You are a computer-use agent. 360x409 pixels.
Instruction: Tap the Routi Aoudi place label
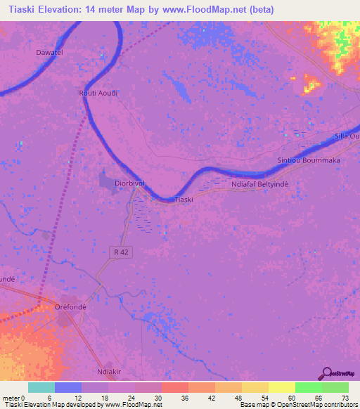tap(97, 93)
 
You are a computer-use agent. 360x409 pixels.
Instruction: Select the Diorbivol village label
tap(129, 183)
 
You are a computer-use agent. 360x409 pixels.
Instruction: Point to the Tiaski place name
tap(184, 200)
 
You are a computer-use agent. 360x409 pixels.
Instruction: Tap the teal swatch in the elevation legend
tap(41, 387)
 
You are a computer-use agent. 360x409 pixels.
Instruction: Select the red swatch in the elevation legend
tap(174, 387)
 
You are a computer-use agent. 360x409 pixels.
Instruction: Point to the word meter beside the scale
tap(11, 398)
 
